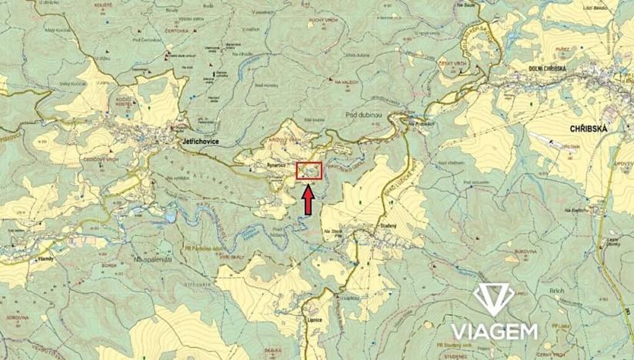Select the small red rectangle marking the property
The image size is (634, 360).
tap(309, 172)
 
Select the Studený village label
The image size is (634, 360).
tap(387, 226)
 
